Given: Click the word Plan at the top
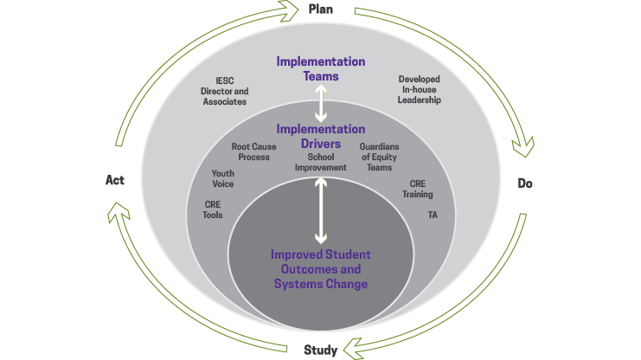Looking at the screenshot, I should point(321,10).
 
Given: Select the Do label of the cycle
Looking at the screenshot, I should point(524,183).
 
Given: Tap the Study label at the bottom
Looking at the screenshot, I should point(320,350).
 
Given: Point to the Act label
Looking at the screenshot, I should point(115,180).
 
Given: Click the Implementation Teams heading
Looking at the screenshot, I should point(320,68).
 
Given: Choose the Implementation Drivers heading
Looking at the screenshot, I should point(320,136).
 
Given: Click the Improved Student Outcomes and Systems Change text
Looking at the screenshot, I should point(320,269).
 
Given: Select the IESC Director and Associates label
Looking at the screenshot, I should point(224,91).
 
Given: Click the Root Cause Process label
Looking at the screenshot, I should point(254,152).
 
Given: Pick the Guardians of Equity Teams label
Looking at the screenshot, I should point(380,157).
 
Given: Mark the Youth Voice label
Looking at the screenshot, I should point(223,178).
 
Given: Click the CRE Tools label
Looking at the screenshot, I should point(213,209).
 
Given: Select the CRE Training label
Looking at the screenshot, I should point(417,189).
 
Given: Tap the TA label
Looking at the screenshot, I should point(433,213).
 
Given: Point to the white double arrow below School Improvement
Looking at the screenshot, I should point(321,209).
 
